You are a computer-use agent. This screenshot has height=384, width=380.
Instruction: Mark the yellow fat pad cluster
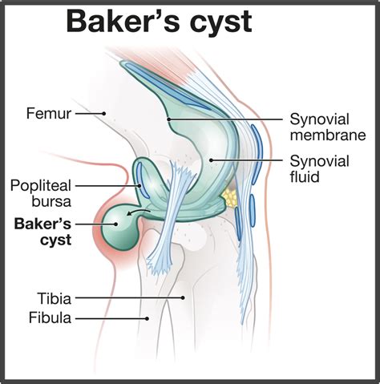[x=232, y=196]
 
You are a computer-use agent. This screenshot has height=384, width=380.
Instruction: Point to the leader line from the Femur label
[x=89, y=114]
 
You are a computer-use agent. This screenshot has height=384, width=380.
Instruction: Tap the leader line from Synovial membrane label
[x=224, y=119]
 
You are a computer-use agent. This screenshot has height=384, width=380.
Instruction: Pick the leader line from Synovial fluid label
[x=245, y=159]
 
